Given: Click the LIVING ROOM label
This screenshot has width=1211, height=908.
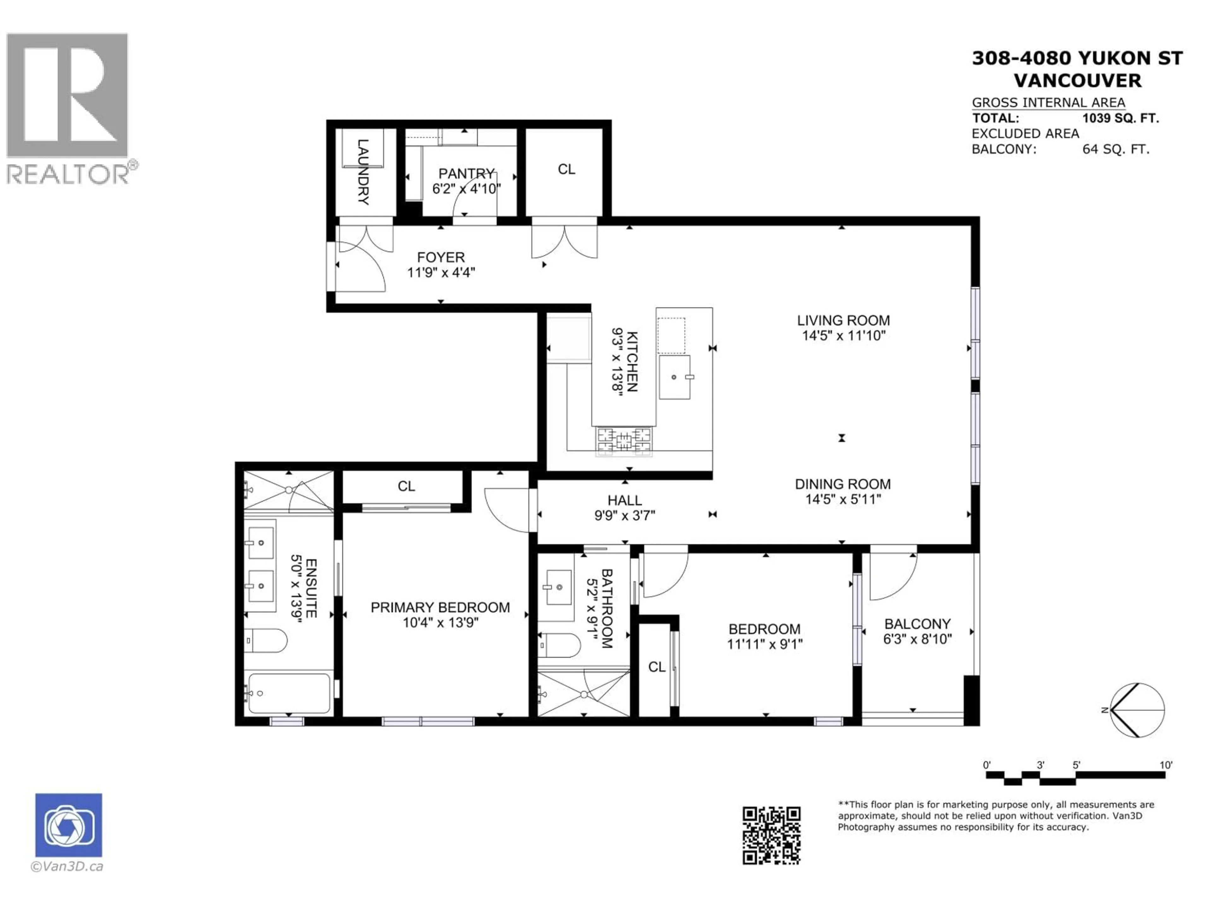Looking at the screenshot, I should [x=843, y=320].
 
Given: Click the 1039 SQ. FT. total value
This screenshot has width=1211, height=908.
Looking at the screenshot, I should [x=1120, y=118].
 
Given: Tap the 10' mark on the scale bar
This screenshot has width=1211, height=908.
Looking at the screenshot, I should [x=1166, y=765].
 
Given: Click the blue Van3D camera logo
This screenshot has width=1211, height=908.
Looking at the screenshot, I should [x=68, y=825].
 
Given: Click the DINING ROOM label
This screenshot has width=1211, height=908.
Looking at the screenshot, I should [x=843, y=484].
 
